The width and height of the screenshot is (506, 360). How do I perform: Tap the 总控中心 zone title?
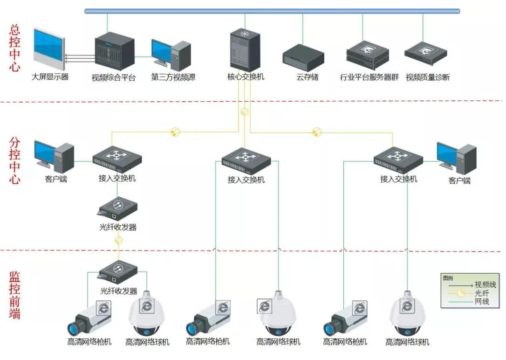pos(15,48)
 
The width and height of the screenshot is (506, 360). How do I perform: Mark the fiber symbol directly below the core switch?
pos(244,112)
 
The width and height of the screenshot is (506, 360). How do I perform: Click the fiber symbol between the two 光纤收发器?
pos(118,241)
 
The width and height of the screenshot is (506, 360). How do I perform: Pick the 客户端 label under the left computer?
pos(56,179)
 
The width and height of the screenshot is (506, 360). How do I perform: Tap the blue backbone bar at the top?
pos(272,11)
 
